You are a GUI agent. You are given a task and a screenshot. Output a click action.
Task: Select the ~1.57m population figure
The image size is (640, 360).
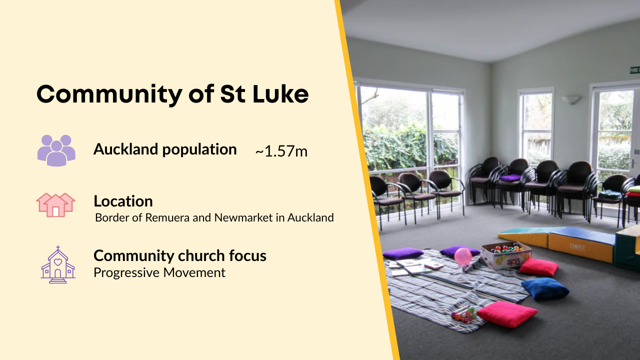coord(281,151)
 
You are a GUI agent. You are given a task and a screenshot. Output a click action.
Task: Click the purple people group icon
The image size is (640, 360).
coord(56,150)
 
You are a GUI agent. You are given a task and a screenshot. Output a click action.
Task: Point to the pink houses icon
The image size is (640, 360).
coord(55,204)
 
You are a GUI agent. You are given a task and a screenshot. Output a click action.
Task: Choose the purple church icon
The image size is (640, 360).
coord(57,265)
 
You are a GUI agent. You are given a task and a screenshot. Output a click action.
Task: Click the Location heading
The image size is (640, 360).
coord(123,201)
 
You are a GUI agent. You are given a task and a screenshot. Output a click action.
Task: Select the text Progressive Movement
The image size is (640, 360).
coord(159,272)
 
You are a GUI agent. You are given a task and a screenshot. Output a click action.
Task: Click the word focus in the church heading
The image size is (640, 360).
coord(247,255)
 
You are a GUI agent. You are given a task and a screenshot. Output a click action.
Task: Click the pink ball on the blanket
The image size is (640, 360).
coord(462,256)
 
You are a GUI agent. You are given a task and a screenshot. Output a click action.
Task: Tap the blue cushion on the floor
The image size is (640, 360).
coord(545,288)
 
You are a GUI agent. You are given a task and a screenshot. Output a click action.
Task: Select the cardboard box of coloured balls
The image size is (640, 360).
coord(505,254)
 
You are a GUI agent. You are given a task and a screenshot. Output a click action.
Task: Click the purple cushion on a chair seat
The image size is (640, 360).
coord(511,177)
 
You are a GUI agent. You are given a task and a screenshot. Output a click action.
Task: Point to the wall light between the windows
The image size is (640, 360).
coord(571,99)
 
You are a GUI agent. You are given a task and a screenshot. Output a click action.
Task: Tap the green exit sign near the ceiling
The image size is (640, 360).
coord(635,70)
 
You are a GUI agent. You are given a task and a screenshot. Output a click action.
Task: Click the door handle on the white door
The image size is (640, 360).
coord(632,163)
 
